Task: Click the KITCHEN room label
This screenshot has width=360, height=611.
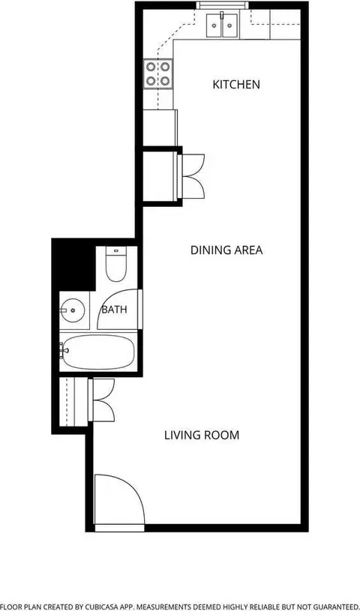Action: [236, 84]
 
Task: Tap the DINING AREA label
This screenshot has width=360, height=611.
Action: [226, 250]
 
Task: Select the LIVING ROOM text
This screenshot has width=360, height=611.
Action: [201, 435]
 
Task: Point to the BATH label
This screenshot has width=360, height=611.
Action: [114, 310]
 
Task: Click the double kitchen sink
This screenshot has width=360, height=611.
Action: [222, 25]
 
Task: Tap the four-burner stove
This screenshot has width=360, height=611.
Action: [158, 73]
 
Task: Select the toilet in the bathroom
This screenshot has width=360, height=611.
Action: [116, 264]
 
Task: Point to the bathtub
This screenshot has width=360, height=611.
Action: [98, 352]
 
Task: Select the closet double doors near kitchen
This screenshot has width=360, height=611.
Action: [191, 177]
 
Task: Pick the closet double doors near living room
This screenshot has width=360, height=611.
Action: [102, 400]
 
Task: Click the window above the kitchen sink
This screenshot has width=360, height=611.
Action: [222, 5]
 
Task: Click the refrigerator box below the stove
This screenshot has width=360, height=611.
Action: [160, 127]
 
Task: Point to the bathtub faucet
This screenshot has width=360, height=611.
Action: [64, 351]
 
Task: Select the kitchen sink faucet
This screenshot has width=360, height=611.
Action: [222, 16]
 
